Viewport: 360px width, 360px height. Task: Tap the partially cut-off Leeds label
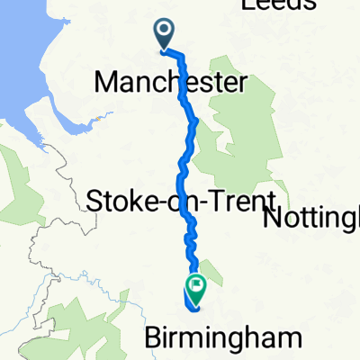tap(278, 5)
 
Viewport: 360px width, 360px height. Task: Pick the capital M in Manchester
tap(104, 84)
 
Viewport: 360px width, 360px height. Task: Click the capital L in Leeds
tap(247, 5)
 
